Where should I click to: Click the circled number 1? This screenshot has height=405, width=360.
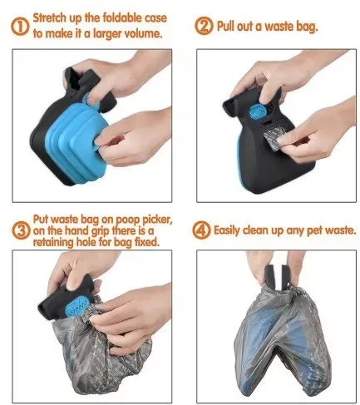(20, 27)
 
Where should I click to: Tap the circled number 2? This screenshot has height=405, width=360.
(204, 27)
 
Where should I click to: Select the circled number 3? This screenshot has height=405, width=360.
(21, 230)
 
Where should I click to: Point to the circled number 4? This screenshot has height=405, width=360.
(201, 230)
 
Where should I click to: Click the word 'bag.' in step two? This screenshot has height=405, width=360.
(307, 27)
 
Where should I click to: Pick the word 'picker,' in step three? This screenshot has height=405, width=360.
(157, 220)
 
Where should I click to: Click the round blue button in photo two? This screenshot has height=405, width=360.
(258, 111)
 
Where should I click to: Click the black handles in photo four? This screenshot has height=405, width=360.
(276, 275)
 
